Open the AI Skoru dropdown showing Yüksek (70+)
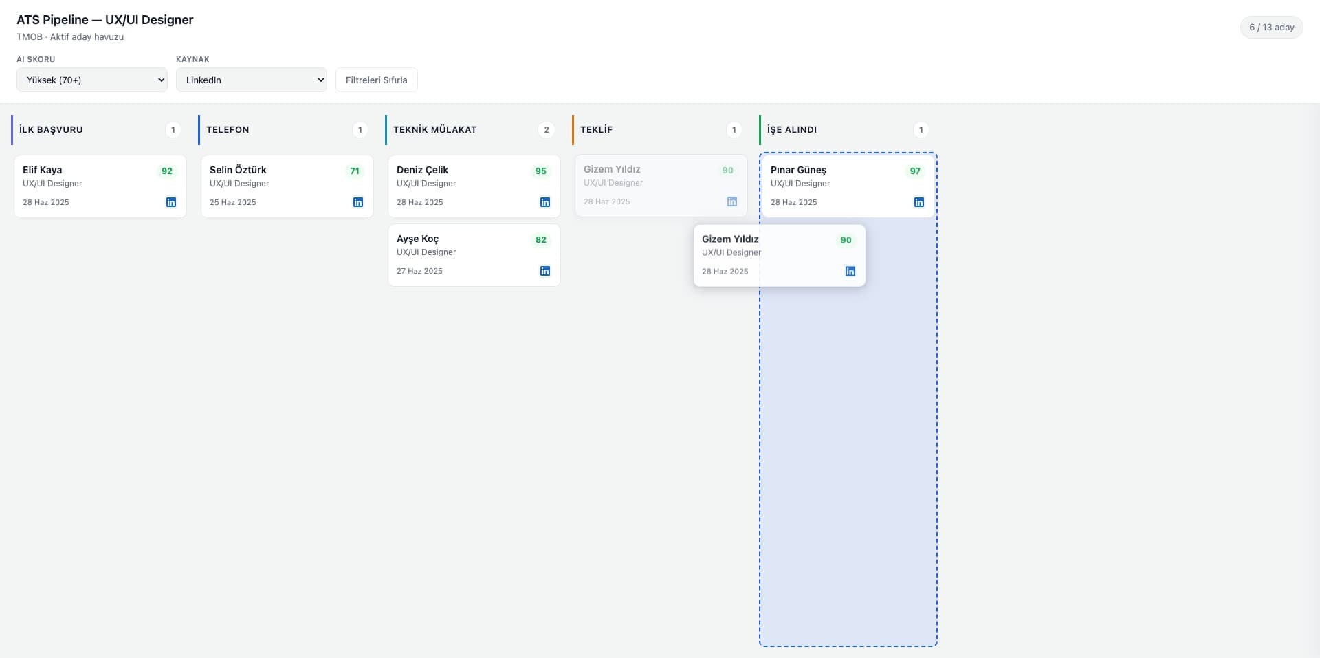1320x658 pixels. (x=92, y=80)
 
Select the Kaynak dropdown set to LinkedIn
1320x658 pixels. (x=252, y=80)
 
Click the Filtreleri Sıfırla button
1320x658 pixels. (x=377, y=80)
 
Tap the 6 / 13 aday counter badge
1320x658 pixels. (x=1272, y=28)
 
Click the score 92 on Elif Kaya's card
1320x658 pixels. (x=167, y=171)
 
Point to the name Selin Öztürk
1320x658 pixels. (x=238, y=170)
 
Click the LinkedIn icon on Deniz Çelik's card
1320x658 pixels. (x=545, y=202)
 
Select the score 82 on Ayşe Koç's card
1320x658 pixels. (x=541, y=240)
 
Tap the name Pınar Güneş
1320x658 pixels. (x=798, y=170)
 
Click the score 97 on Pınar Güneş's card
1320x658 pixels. (x=915, y=171)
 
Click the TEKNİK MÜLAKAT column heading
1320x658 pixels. (x=435, y=129)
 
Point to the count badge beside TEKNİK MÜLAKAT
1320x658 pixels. (x=547, y=129)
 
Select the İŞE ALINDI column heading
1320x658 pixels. (x=792, y=129)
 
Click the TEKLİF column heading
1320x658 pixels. (x=596, y=129)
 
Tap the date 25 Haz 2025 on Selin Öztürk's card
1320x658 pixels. (x=233, y=202)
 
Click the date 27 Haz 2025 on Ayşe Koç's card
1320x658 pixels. (x=419, y=271)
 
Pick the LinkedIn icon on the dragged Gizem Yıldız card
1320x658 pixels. (x=850, y=272)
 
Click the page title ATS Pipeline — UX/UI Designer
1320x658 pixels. (x=105, y=20)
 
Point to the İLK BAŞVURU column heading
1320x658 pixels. (x=51, y=129)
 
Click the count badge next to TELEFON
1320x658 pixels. (x=360, y=129)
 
